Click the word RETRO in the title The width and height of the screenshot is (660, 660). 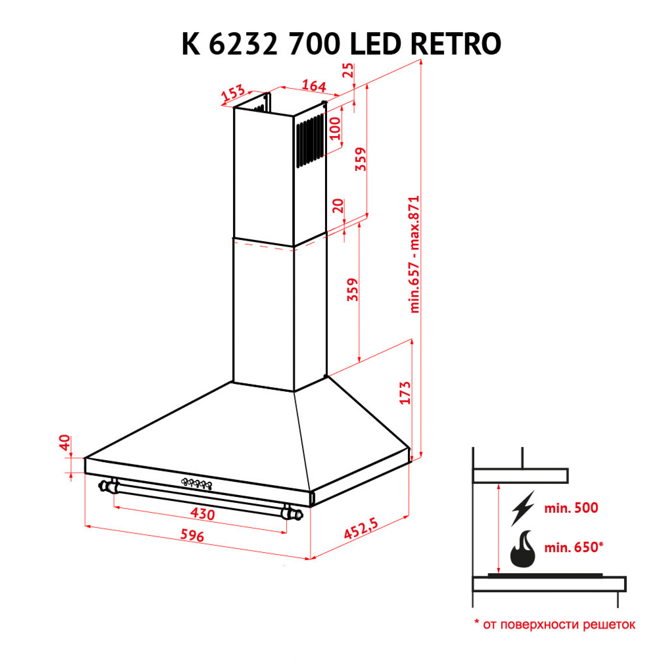coord(456,44)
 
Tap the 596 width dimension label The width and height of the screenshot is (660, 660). coord(192,535)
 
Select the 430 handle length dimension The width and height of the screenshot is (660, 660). coord(203,514)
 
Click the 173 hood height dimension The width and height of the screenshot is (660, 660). coord(405,393)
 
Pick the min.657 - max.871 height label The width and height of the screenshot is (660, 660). coord(414,254)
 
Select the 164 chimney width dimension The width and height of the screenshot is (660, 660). coord(313,86)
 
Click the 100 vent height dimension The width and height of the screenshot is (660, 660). coord(336,128)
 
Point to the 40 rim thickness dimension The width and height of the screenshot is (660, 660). coord(65,443)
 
